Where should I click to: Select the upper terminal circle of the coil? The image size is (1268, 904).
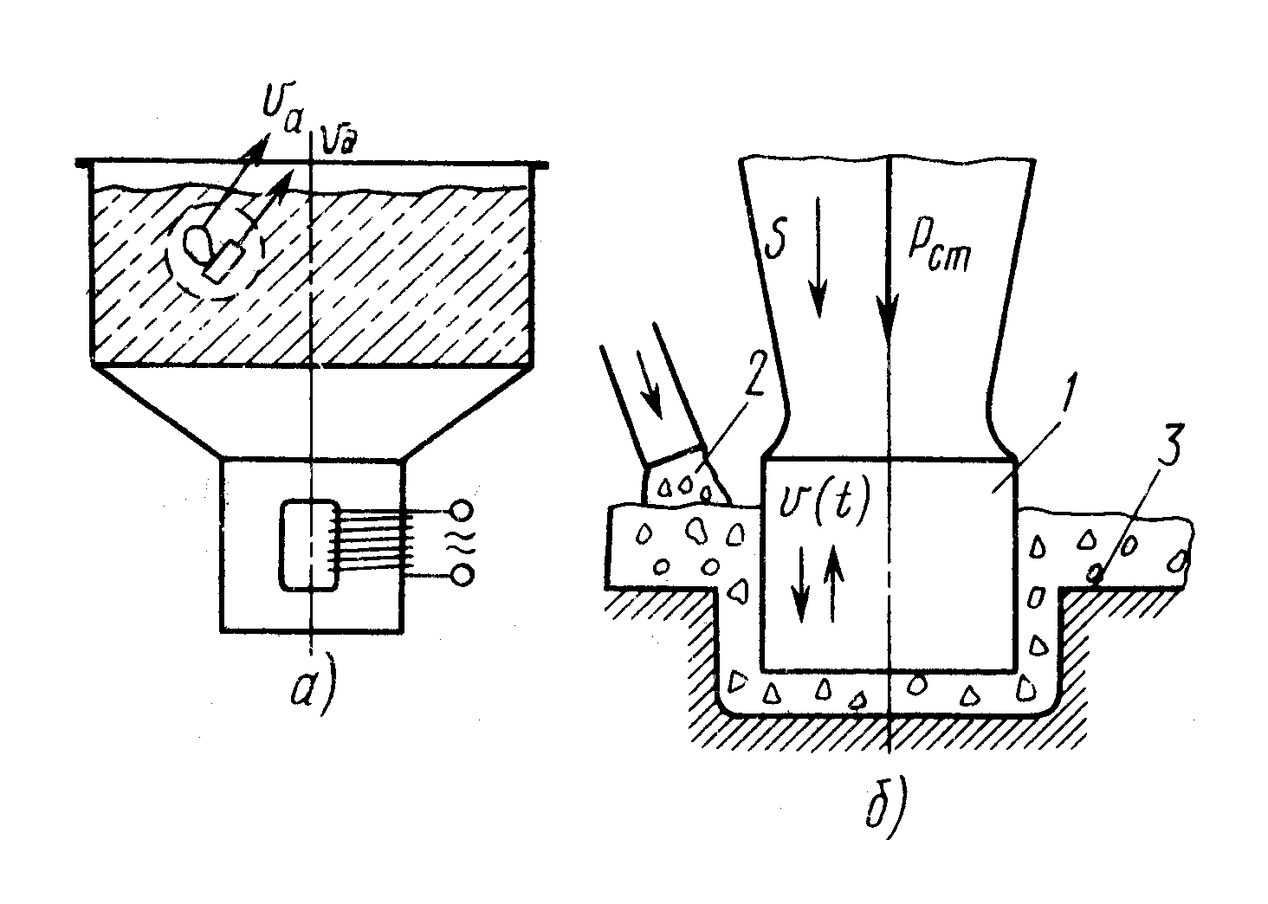[462, 510]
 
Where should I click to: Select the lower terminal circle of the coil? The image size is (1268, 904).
[462, 573]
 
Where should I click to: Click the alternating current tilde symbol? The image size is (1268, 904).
[460, 542]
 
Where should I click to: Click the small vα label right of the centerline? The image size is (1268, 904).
[339, 138]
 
